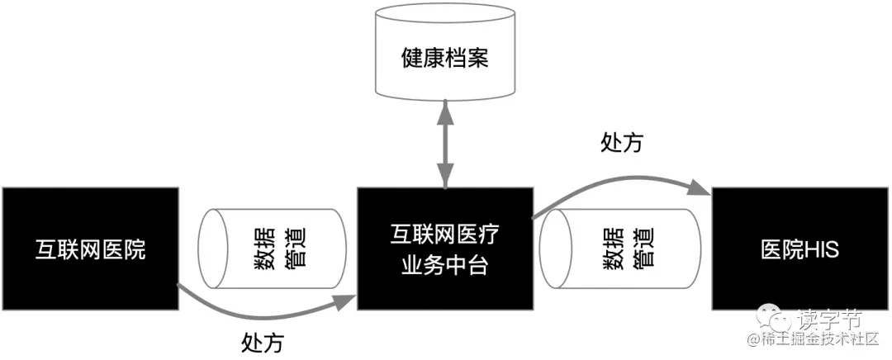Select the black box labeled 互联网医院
90,249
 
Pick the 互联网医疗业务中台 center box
445,249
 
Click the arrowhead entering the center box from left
348,300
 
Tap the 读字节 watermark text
829,319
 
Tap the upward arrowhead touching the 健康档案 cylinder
446,105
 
